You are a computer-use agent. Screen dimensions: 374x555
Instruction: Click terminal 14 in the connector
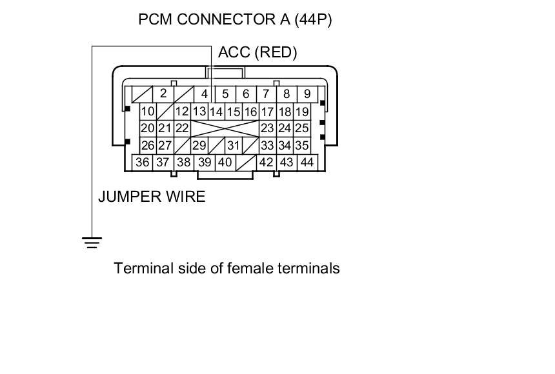pyautogui.click(x=216, y=112)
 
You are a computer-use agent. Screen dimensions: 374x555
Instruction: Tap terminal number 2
pyautogui.click(x=163, y=94)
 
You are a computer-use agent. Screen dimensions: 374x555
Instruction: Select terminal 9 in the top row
pyautogui.click(x=307, y=94)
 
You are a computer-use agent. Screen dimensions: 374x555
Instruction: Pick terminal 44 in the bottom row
pyautogui.click(x=307, y=162)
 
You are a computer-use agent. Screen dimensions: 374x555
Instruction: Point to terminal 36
pyautogui.click(x=143, y=162)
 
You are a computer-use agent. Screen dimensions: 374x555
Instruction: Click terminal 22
pyautogui.click(x=182, y=128)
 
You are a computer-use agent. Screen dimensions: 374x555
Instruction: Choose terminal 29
pyautogui.click(x=199, y=146)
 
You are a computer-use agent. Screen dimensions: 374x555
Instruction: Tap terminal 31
pyautogui.click(x=233, y=146)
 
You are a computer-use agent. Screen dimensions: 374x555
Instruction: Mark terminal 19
pyautogui.click(x=302, y=112)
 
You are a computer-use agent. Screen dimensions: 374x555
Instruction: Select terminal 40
pyautogui.click(x=225, y=162)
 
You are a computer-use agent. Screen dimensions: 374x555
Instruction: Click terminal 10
pyautogui.click(x=148, y=112)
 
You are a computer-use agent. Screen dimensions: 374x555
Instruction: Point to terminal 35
pyautogui.click(x=301, y=146)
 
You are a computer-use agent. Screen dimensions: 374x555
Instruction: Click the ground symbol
pyautogui.click(x=92, y=242)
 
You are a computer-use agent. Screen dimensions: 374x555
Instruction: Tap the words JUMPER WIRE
pyautogui.click(x=152, y=197)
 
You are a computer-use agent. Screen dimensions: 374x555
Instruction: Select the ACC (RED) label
pyautogui.click(x=257, y=53)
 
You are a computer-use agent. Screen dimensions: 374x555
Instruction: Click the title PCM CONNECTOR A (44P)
pyautogui.click(x=235, y=19)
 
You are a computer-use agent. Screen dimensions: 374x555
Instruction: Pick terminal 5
pyautogui.click(x=225, y=94)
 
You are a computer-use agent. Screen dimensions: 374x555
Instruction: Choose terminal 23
pyautogui.click(x=267, y=128)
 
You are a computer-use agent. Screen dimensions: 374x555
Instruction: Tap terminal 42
pyautogui.click(x=267, y=162)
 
